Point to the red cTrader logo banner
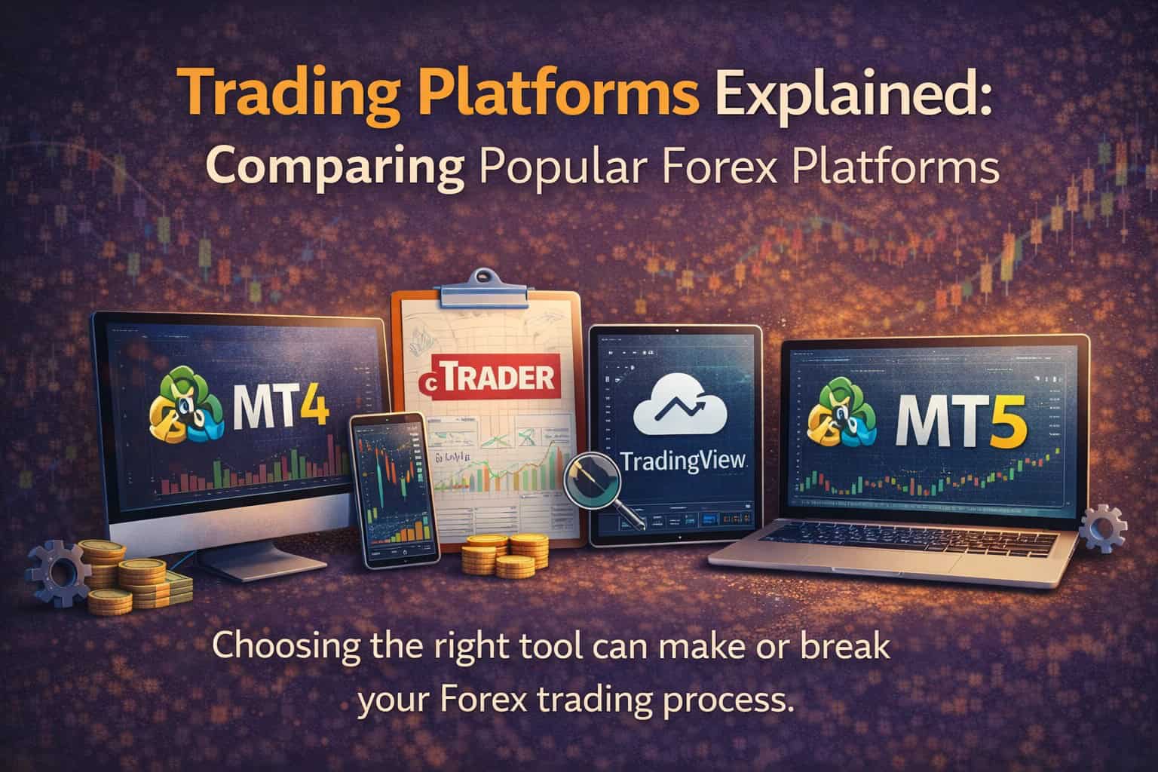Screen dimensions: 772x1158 (x=490, y=377)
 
